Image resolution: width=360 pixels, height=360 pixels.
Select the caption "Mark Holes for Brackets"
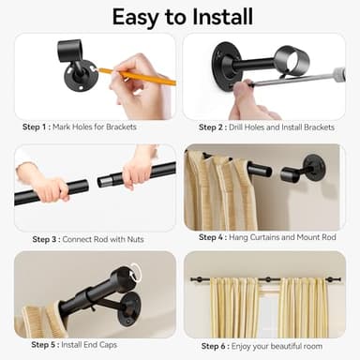[105, 127]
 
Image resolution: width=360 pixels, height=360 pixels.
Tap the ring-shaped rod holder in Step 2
[292, 61]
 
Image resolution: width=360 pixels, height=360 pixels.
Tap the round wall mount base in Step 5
[128, 308]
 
